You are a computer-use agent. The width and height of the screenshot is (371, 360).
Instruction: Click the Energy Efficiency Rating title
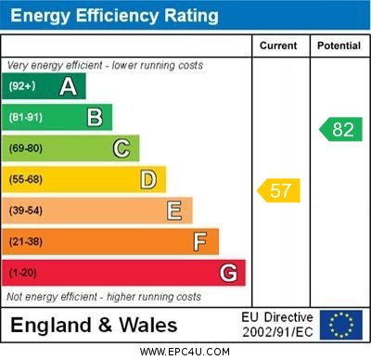114,16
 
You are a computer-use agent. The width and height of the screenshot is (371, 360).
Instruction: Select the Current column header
278,45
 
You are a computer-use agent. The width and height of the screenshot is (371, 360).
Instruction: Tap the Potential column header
339,45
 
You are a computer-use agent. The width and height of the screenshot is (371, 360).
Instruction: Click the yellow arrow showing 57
279,191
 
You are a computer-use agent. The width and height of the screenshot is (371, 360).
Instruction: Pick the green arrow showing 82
341,129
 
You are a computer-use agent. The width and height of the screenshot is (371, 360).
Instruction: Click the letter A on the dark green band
68,86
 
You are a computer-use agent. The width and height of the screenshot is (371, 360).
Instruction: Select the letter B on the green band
95,117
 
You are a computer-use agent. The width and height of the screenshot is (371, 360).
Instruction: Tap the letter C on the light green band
122,148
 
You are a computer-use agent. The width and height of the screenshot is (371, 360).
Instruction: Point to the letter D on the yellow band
148,179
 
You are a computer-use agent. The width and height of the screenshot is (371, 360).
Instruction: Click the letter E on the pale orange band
174,211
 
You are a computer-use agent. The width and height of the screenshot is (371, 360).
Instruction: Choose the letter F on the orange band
200,242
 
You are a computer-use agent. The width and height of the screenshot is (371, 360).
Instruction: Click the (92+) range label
22,86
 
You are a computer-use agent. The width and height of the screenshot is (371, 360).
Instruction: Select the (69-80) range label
26,148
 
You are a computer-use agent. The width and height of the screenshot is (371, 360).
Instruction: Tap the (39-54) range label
26,211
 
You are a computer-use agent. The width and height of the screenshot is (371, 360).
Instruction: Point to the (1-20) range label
22,274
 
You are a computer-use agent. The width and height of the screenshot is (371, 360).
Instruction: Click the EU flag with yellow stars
340,325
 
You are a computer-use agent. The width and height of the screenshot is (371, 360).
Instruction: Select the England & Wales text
94,325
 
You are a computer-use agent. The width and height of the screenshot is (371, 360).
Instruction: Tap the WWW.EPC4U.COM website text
185,352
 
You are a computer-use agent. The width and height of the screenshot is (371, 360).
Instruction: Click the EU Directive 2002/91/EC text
277,325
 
